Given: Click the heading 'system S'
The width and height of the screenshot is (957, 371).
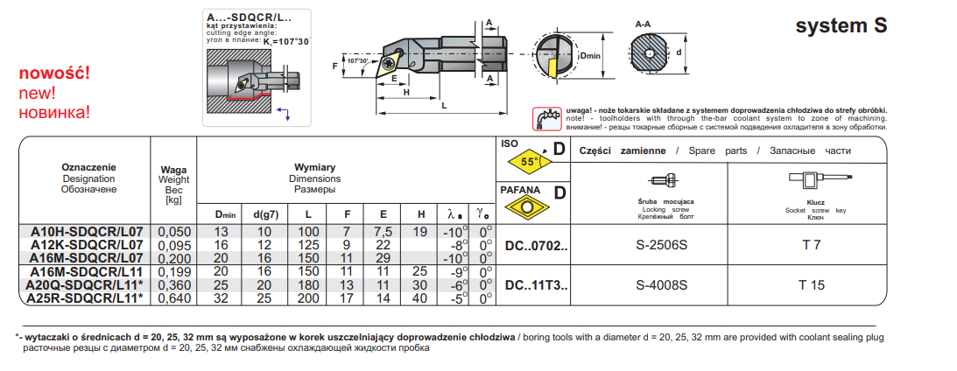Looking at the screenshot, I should point(841,26).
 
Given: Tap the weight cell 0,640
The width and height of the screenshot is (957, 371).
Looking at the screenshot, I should point(173,297).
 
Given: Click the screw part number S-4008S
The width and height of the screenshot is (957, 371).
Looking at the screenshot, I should point(661,285).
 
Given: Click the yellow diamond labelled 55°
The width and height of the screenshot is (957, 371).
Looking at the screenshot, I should point(529,163).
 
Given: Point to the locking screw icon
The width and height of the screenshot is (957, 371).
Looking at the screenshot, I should point(666,182).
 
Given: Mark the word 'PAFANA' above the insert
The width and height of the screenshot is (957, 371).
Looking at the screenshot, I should point(519,190).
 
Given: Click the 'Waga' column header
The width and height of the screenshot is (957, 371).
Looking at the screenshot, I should point(173,170).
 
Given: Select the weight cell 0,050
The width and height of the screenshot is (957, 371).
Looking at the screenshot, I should point(173,232).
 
